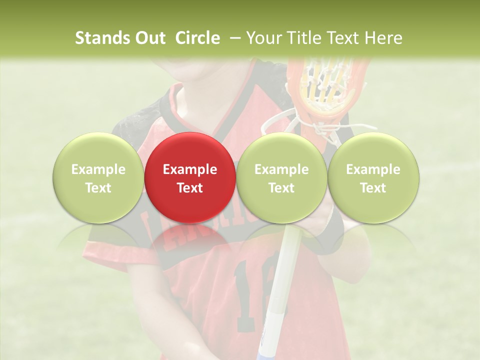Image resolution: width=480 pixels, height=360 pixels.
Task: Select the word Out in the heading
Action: pyautogui.click(x=149, y=38)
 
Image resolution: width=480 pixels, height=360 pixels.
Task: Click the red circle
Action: pyautogui.click(x=190, y=177)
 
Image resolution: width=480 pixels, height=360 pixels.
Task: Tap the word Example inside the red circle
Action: pyautogui.click(x=190, y=169)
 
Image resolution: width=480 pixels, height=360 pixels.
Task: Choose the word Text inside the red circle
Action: pyautogui.click(x=190, y=188)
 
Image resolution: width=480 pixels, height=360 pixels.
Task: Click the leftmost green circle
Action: pyautogui.click(x=98, y=177)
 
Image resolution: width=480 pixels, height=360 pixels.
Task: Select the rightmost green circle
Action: pyautogui.click(x=373, y=177)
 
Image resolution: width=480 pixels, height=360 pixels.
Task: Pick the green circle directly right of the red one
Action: pyautogui.click(x=281, y=177)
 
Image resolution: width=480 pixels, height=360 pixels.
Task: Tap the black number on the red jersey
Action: pyautogui.click(x=250, y=295)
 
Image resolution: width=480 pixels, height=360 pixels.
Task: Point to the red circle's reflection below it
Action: pyautogui.click(x=190, y=240)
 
